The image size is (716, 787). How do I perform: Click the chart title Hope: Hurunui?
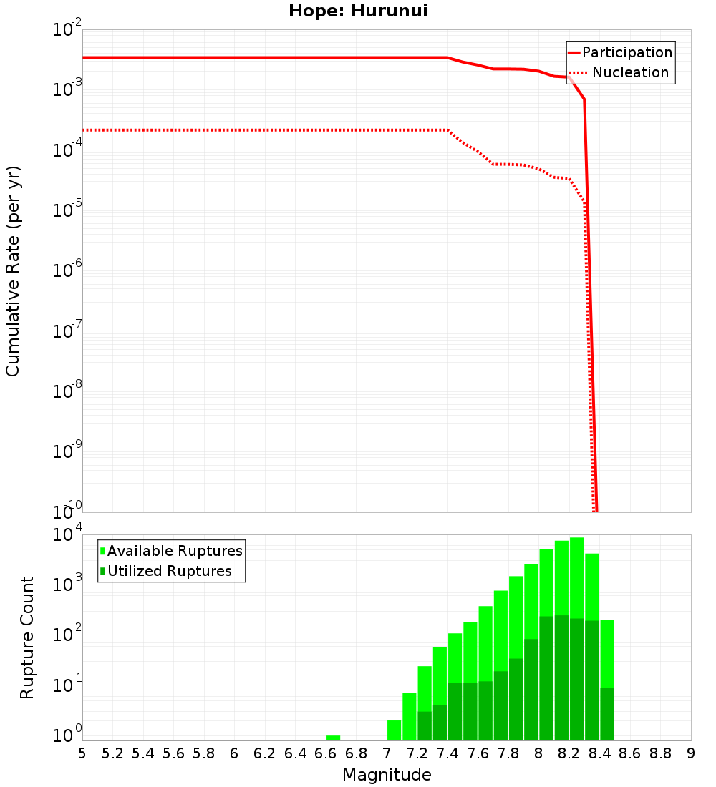pos(358,11)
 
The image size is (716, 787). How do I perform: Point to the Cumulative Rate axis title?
pos(13,271)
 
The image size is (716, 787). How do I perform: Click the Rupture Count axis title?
pos(27,637)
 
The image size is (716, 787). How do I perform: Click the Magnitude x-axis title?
pos(387,775)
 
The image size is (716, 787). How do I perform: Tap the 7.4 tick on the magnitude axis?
pos(447,753)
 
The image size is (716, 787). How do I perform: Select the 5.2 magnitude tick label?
pos(112,753)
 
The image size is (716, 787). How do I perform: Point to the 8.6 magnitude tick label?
pos(630,753)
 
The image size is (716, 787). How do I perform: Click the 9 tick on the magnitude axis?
pos(691,753)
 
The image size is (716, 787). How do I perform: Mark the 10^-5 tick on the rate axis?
pos(67,211)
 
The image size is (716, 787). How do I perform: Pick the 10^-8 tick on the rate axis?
pos(67,392)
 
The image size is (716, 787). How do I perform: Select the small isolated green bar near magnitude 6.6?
pos(333,738)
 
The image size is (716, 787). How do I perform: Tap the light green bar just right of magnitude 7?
pos(394,730)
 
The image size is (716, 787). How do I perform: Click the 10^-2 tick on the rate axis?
pos(67,30)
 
